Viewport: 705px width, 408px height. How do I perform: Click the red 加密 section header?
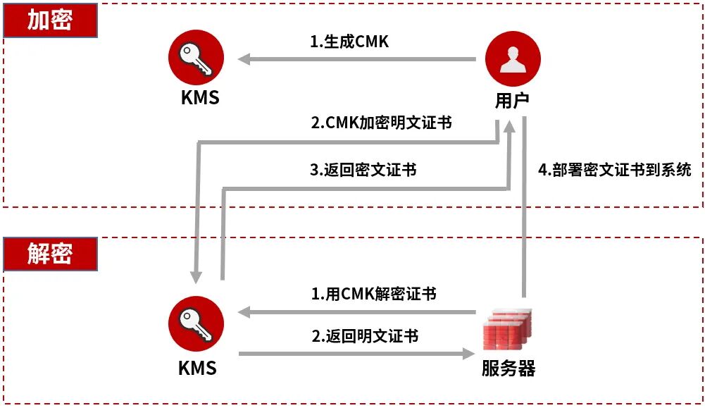tap(50, 20)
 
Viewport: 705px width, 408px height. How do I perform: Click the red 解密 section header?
tap(50, 254)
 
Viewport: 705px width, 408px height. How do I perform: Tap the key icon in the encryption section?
tap(196, 58)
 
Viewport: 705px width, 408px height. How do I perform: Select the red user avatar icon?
tap(513, 58)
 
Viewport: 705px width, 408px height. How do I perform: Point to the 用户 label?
tap(512, 101)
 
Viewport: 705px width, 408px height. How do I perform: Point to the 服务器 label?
tap(509, 368)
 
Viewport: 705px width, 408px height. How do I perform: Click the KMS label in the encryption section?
tap(200, 97)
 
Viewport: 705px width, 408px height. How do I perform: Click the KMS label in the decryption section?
tap(197, 368)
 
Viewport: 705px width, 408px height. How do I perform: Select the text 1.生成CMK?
tap(349, 42)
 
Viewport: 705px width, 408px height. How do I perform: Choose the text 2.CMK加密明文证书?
tap(381, 123)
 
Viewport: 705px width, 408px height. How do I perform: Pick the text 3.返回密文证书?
tap(363, 170)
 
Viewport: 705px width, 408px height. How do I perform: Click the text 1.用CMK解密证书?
tap(374, 293)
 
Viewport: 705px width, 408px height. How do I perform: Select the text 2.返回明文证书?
tap(365, 335)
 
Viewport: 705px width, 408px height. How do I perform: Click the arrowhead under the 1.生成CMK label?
tap(244, 59)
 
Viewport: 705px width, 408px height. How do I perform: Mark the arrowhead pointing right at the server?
tap(468, 353)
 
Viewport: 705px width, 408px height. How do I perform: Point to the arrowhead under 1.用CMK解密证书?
tap(244, 311)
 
